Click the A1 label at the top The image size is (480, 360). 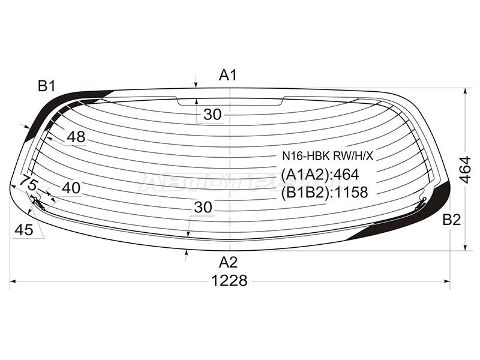click(x=228, y=75)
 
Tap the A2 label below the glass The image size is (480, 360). click(x=228, y=262)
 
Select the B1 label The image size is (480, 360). click(x=47, y=86)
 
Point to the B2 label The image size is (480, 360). click(x=451, y=220)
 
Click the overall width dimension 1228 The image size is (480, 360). click(x=230, y=280)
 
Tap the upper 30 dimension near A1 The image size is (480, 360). click(x=212, y=115)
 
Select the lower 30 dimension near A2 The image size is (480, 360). click(x=203, y=207)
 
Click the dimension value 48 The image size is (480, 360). click(x=76, y=137)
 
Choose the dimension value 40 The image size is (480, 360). click(x=71, y=188)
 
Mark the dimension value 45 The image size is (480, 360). click(x=24, y=229)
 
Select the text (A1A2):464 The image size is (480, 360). click(x=320, y=175)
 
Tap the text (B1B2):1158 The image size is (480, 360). click(x=324, y=191)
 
